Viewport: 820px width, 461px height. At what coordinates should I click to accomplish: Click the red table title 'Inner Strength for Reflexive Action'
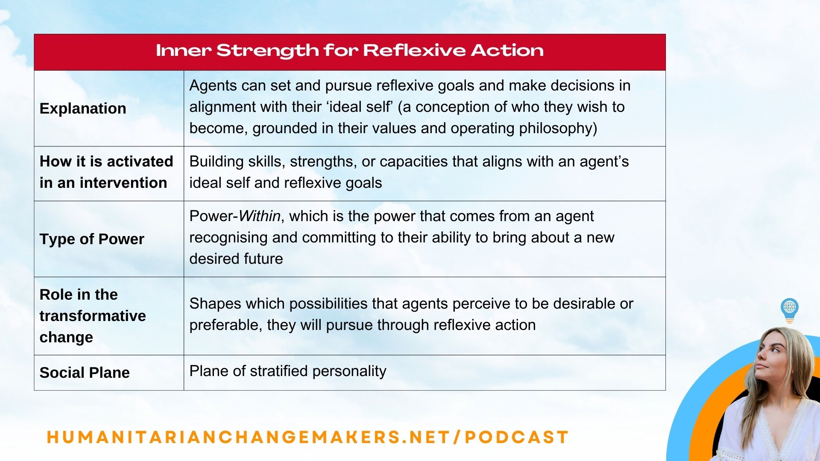349,51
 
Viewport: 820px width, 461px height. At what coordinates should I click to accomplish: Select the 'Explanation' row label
83,108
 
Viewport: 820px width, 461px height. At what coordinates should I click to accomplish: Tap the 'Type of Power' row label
92,239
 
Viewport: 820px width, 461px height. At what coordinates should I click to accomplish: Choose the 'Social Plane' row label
85,373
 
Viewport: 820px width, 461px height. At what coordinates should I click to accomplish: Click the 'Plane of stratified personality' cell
287,371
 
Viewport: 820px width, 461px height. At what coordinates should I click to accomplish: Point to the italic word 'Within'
259,216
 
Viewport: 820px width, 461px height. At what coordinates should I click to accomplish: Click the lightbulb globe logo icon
789,309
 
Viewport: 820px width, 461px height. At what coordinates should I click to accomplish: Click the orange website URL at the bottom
307,437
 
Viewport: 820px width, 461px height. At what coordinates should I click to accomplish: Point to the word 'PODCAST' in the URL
516,437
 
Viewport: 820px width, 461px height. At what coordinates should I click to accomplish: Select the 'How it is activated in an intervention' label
106,172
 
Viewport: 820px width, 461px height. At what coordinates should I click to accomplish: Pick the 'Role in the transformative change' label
92,316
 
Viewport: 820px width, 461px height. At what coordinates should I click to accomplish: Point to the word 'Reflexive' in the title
414,51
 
